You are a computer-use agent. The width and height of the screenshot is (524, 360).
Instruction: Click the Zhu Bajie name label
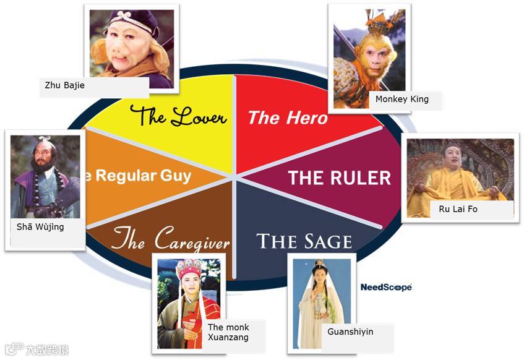(65, 85)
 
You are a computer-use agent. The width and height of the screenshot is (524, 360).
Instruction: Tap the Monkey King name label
(402, 99)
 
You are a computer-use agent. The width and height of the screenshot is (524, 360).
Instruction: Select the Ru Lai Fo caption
(458, 209)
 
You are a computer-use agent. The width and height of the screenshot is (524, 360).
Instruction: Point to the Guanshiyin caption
(350, 332)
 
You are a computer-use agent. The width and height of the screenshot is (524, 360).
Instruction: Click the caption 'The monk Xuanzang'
(228, 332)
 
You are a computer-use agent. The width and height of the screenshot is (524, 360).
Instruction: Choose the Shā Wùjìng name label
(40, 227)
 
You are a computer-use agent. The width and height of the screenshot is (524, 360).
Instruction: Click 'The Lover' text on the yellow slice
(178, 116)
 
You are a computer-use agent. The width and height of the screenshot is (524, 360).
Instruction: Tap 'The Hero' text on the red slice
(287, 118)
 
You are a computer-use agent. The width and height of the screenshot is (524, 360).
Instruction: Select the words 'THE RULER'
(340, 178)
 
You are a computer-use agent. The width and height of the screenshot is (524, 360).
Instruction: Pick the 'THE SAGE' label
(304, 241)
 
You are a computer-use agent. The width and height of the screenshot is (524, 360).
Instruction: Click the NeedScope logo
(386, 287)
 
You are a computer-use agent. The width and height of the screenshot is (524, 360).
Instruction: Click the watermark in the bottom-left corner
(37, 349)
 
